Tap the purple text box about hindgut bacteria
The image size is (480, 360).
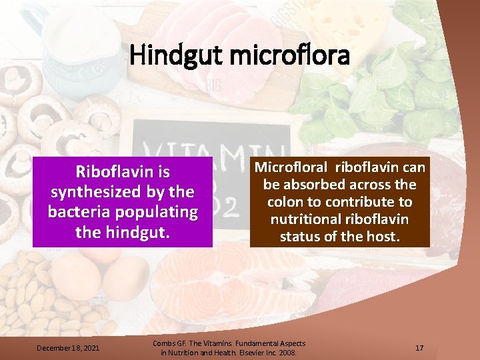coord(123,202)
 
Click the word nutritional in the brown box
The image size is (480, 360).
coord(303,219)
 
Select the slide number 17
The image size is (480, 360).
coord(419,347)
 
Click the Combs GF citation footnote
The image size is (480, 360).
coord(229,347)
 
